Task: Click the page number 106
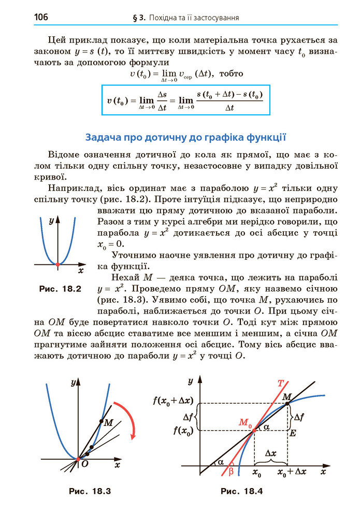(41, 18)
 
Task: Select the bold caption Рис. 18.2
(61, 288)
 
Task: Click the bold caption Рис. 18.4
(241, 491)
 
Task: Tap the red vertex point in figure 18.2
(57, 264)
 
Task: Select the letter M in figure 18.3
(108, 423)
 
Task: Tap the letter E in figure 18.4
(293, 433)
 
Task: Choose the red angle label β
(231, 470)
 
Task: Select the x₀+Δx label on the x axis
(292, 473)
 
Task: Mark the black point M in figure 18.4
(288, 403)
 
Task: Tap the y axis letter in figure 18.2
(51, 221)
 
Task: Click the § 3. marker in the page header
(139, 18)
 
